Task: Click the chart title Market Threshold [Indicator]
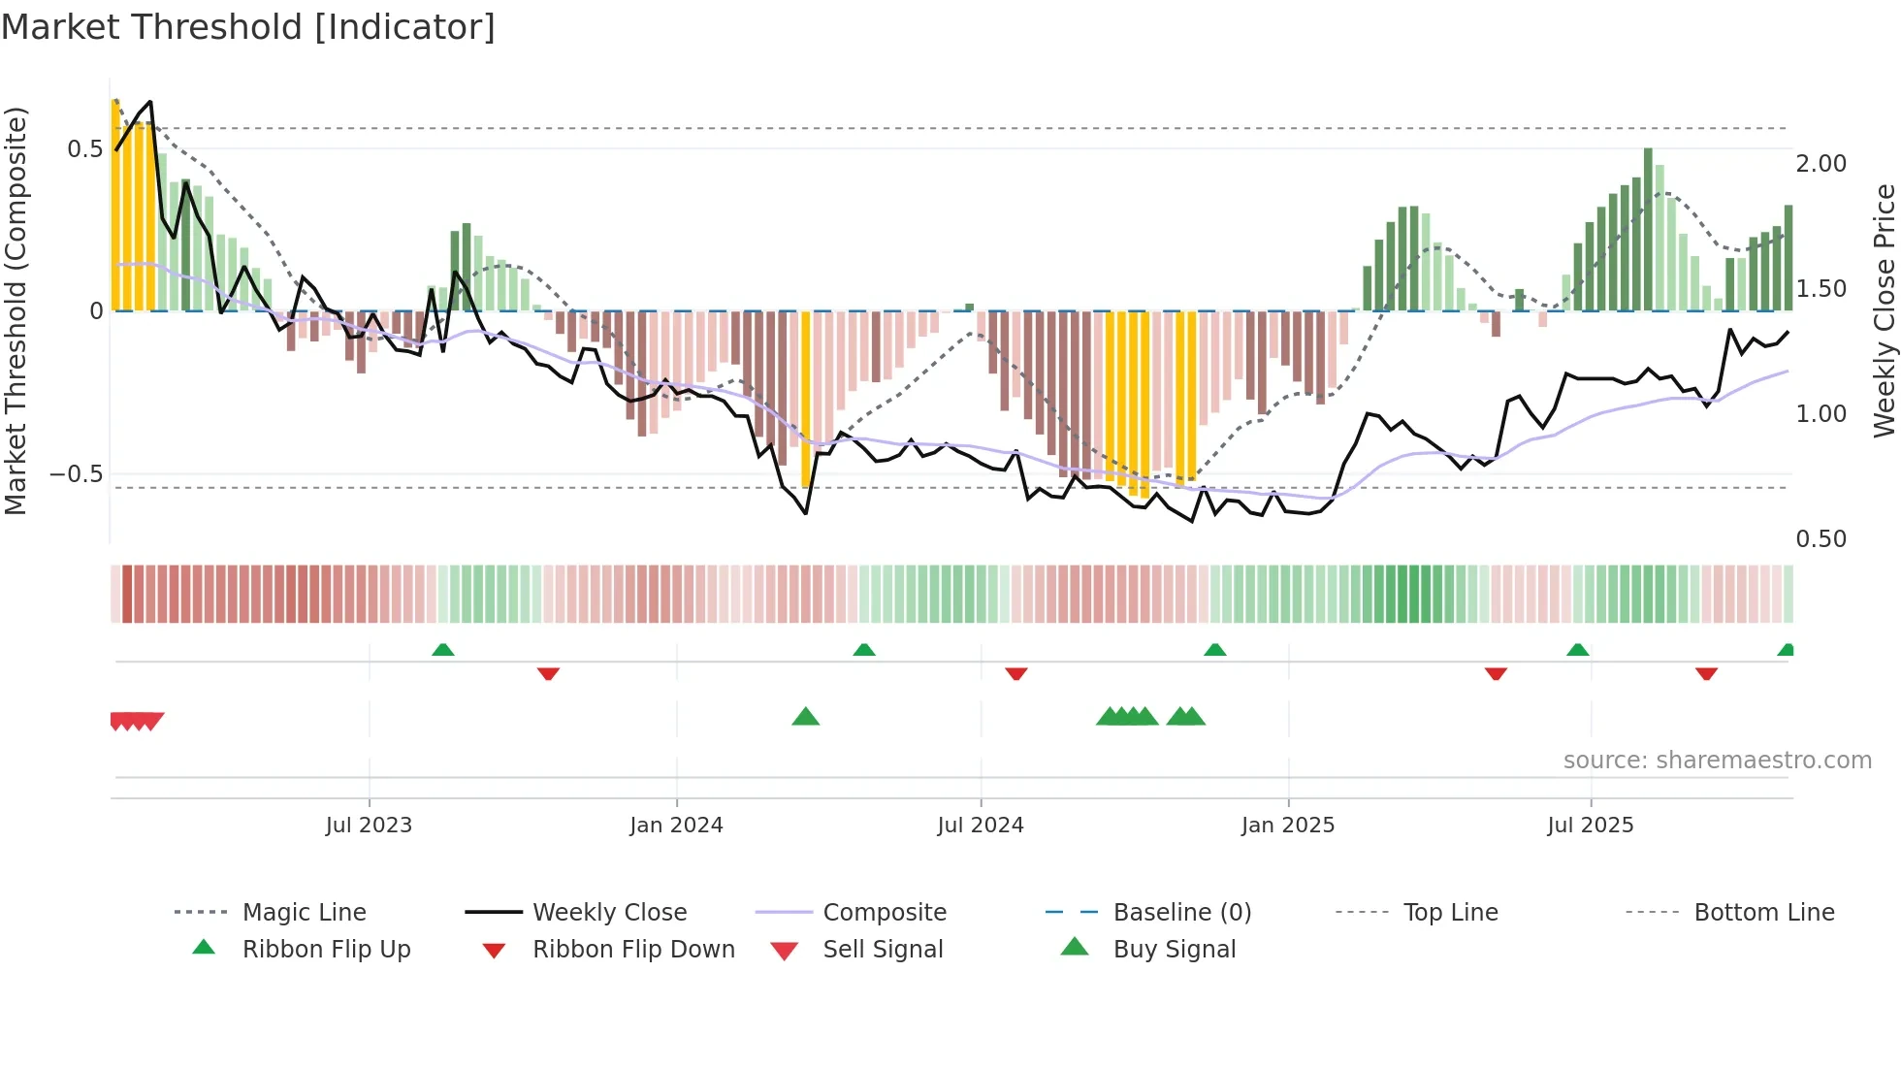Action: pos(248,27)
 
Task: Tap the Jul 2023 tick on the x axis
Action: pos(369,825)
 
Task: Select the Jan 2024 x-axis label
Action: pos(676,825)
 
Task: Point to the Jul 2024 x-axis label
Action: pos(981,825)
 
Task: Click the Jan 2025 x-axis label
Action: pos(1288,825)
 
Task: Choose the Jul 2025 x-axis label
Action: pos(1591,825)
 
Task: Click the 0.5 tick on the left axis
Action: pos(84,148)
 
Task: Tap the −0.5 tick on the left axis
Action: pos(77,474)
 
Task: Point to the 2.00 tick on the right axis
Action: pos(1820,164)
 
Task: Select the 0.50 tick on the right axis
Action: pos(1820,539)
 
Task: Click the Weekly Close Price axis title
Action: pos(1884,310)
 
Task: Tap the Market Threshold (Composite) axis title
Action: pos(16,310)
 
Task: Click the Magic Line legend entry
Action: pos(304,912)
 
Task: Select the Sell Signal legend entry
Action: pos(883,949)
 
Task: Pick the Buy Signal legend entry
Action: pos(1174,949)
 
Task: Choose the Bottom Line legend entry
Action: pos(1763,912)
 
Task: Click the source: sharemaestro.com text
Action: pos(1717,761)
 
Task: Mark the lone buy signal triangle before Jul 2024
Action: pos(806,717)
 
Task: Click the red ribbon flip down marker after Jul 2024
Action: pos(1016,673)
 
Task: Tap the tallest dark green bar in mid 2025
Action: pos(1648,230)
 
